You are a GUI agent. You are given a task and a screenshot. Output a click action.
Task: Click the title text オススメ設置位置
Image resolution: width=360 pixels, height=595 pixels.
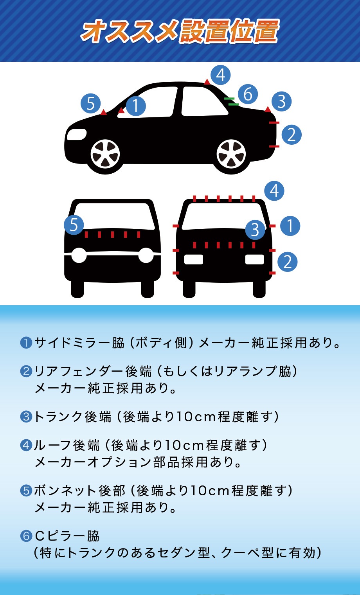[180, 31]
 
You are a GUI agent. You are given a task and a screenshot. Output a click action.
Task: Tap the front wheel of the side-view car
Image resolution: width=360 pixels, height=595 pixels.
[105, 154]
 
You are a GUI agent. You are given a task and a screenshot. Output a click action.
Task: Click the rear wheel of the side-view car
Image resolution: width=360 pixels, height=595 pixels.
[231, 154]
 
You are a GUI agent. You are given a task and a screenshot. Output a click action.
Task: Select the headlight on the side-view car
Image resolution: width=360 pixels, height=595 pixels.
[77, 134]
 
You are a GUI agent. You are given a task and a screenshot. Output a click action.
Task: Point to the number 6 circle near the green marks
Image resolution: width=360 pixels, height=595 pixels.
[248, 94]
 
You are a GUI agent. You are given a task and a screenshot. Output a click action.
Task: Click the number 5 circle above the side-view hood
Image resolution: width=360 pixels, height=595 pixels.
[91, 103]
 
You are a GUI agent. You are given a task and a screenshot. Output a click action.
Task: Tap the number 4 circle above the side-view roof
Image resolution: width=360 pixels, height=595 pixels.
[221, 75]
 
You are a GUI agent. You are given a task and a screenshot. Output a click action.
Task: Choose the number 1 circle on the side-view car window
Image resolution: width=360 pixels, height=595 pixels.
[135, 106]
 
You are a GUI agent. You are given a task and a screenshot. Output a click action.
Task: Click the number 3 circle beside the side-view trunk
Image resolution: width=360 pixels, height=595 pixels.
[281, 101]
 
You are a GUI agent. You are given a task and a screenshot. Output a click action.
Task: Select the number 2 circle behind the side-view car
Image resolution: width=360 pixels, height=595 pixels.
[292, 135]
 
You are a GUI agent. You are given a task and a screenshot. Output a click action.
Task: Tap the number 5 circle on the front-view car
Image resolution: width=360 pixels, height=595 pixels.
[74, 225]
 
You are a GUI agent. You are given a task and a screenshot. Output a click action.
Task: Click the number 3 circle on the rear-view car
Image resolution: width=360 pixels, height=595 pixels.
[255, 230]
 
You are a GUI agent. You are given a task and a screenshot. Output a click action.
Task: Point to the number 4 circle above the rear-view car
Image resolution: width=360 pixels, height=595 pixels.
[274, 191]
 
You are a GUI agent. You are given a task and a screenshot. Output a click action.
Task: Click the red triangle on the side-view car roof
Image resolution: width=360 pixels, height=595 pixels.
[207, 82]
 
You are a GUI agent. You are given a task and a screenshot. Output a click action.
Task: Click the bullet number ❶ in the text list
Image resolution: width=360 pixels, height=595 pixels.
[26, 343]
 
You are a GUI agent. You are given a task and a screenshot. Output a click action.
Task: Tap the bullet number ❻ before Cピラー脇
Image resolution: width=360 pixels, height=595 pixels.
[26, 536]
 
